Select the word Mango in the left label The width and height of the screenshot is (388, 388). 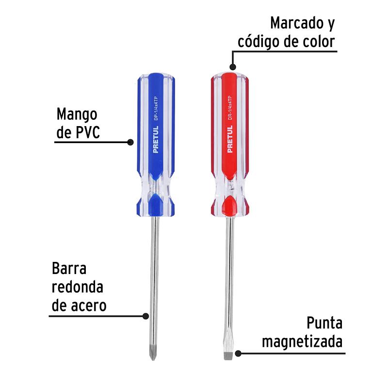pyautogui.click(x=77, y=115)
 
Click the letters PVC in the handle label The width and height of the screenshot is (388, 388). pyautogui.click(x=88, y=132)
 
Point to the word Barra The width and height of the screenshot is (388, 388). pyautogui.click(x=69, y=268)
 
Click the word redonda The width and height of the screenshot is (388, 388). pyautogui.click(x=78, y=287)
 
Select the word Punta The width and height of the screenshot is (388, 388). pyautogui.click(x=324, y=323)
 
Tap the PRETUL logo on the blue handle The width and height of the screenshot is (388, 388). pyautogui.click(x=155, y=139)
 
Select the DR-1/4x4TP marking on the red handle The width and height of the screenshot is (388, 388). pyautogui.click(x=229, y=108)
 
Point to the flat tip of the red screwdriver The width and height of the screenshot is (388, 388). pyautogui.click(x=228, y=356)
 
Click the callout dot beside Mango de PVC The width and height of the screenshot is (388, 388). pyautogui.click(x=130, y=142)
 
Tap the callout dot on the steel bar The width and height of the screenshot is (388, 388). pyautogui.click(x=145, y=316)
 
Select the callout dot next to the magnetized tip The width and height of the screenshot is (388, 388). pyautogui.click(x=238, y=354)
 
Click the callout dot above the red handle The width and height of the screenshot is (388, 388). pyautogui.click(x=233, y=67)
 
